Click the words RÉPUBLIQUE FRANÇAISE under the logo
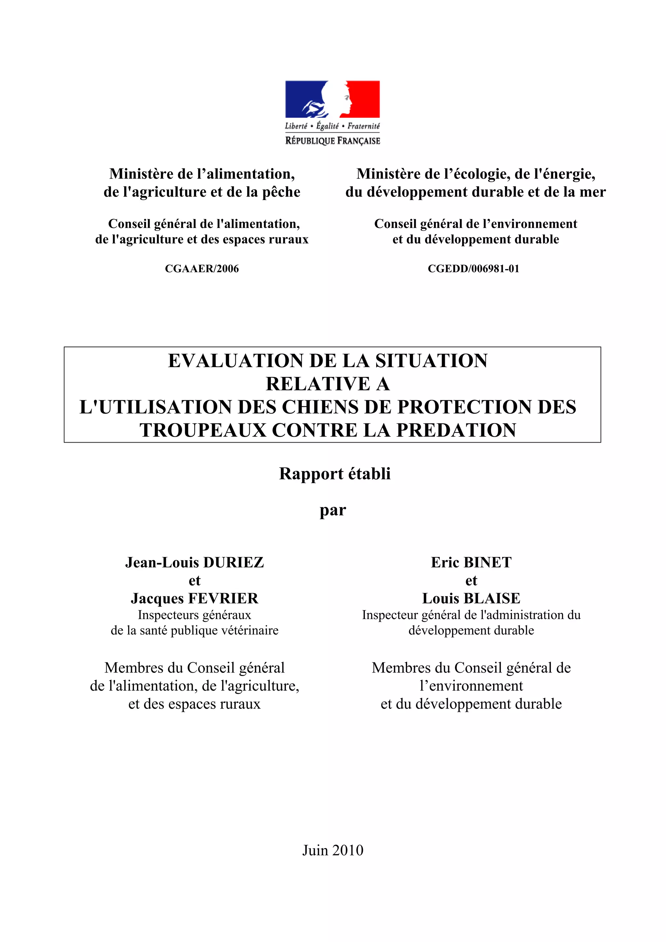click(332, 141)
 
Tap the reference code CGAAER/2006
click(202, 269)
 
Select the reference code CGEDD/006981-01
click(473, 269)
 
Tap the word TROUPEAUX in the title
click(203, 431)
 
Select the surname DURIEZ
click(233, 563)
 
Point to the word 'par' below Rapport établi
click(332, 511)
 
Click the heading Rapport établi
click(334, 474)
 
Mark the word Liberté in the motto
click(296, 126)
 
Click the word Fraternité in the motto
click(364, 126)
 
